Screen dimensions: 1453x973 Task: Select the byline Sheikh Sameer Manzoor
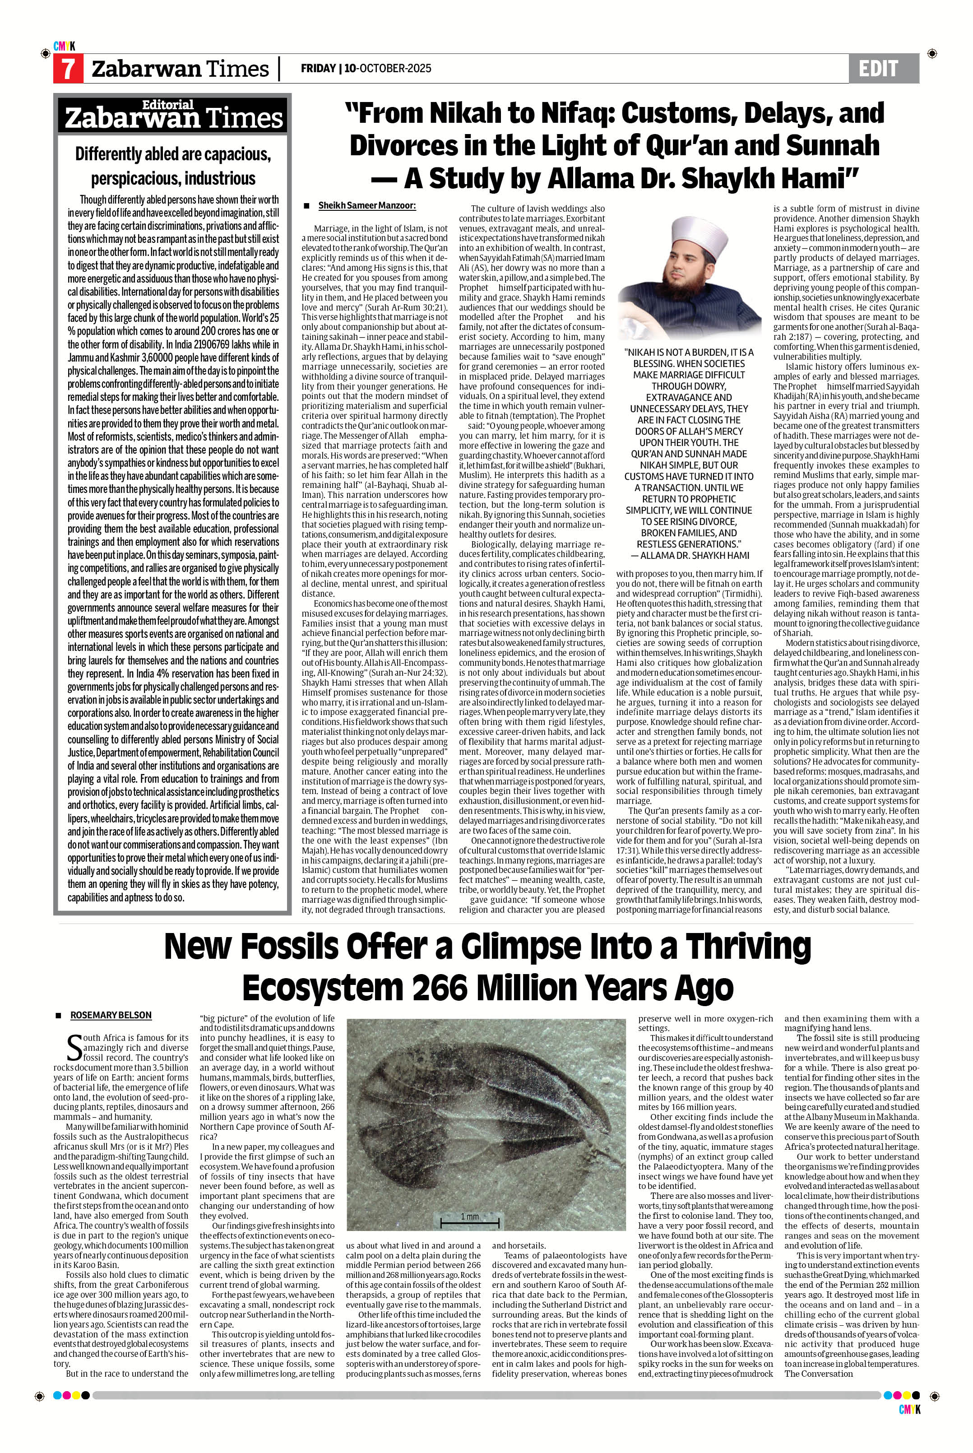coord(367,205)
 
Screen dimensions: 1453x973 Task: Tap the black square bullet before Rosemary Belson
coord(58,1016)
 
